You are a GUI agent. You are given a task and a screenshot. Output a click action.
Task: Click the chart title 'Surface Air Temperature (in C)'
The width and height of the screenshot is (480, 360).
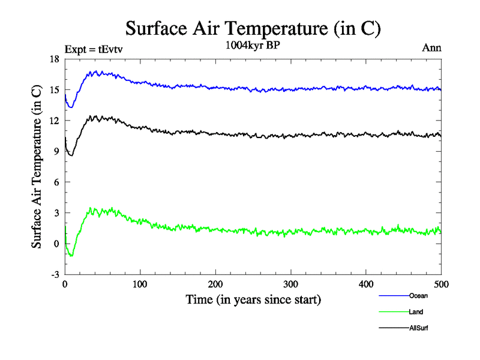pyautogui.click(x=253, y=28)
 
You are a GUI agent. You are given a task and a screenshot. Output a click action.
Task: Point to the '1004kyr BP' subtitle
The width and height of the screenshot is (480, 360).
pyautogui.click(x=253, y=46)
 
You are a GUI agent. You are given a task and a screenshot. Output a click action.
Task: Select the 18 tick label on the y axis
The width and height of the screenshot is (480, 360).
pyautogui.click(x=54, y=59)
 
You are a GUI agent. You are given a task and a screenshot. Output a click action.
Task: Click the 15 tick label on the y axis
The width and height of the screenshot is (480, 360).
pyautogui.click(x=54, y=90)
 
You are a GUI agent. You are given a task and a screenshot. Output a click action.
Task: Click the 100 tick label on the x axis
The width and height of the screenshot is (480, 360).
pyautogui.click(x=140, y=284)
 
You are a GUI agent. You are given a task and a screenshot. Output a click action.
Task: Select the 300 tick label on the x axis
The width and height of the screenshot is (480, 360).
pyautogui.click(x=290, y=284)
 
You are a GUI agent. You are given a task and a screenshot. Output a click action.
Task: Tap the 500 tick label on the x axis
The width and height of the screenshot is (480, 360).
pyautogui.click(x=441, y=284)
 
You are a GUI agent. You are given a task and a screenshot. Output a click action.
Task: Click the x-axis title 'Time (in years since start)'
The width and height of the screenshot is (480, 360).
pyautogui.click(x=253, y=299)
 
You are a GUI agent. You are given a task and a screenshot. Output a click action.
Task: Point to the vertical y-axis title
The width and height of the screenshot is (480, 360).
pyautogui.click(x=37, y=167)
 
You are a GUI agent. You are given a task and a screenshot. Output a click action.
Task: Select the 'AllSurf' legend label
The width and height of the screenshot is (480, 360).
pyautogui.click(x=419, y=328)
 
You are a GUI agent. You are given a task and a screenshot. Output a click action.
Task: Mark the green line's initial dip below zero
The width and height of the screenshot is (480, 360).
pyautogui.click(x=71, y=256)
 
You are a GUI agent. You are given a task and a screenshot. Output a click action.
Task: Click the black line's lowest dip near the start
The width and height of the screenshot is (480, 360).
pyautogui.click(x=71, y=155)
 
